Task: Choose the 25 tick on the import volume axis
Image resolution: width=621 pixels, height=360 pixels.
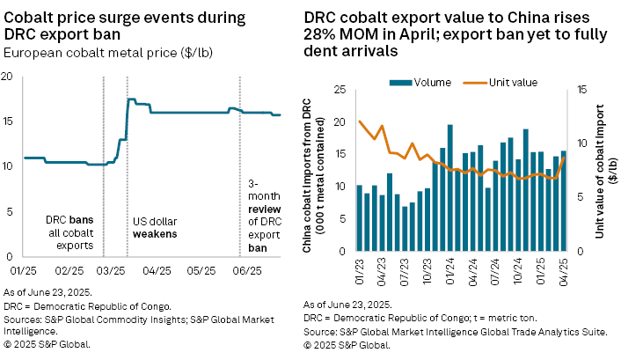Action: pyautogui.click(x=339, y=90)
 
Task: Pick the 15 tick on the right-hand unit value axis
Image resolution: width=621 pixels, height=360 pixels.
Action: pyautogui.click(x=582, y=90)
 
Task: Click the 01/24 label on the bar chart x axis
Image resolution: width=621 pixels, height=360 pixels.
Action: pyautogui.click(x=449, y=266)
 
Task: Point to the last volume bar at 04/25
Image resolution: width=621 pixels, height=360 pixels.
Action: pyautogui.click(x=564, y=201)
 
